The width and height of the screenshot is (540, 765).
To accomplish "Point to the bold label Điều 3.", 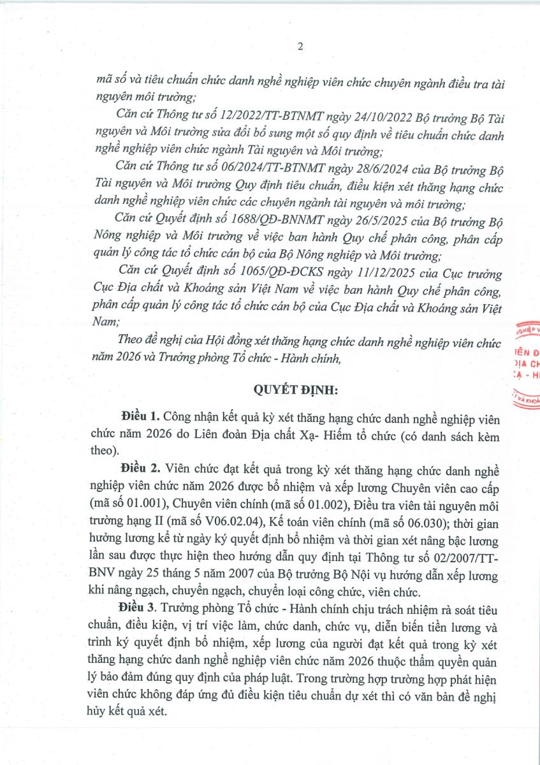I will coord(138,604).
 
